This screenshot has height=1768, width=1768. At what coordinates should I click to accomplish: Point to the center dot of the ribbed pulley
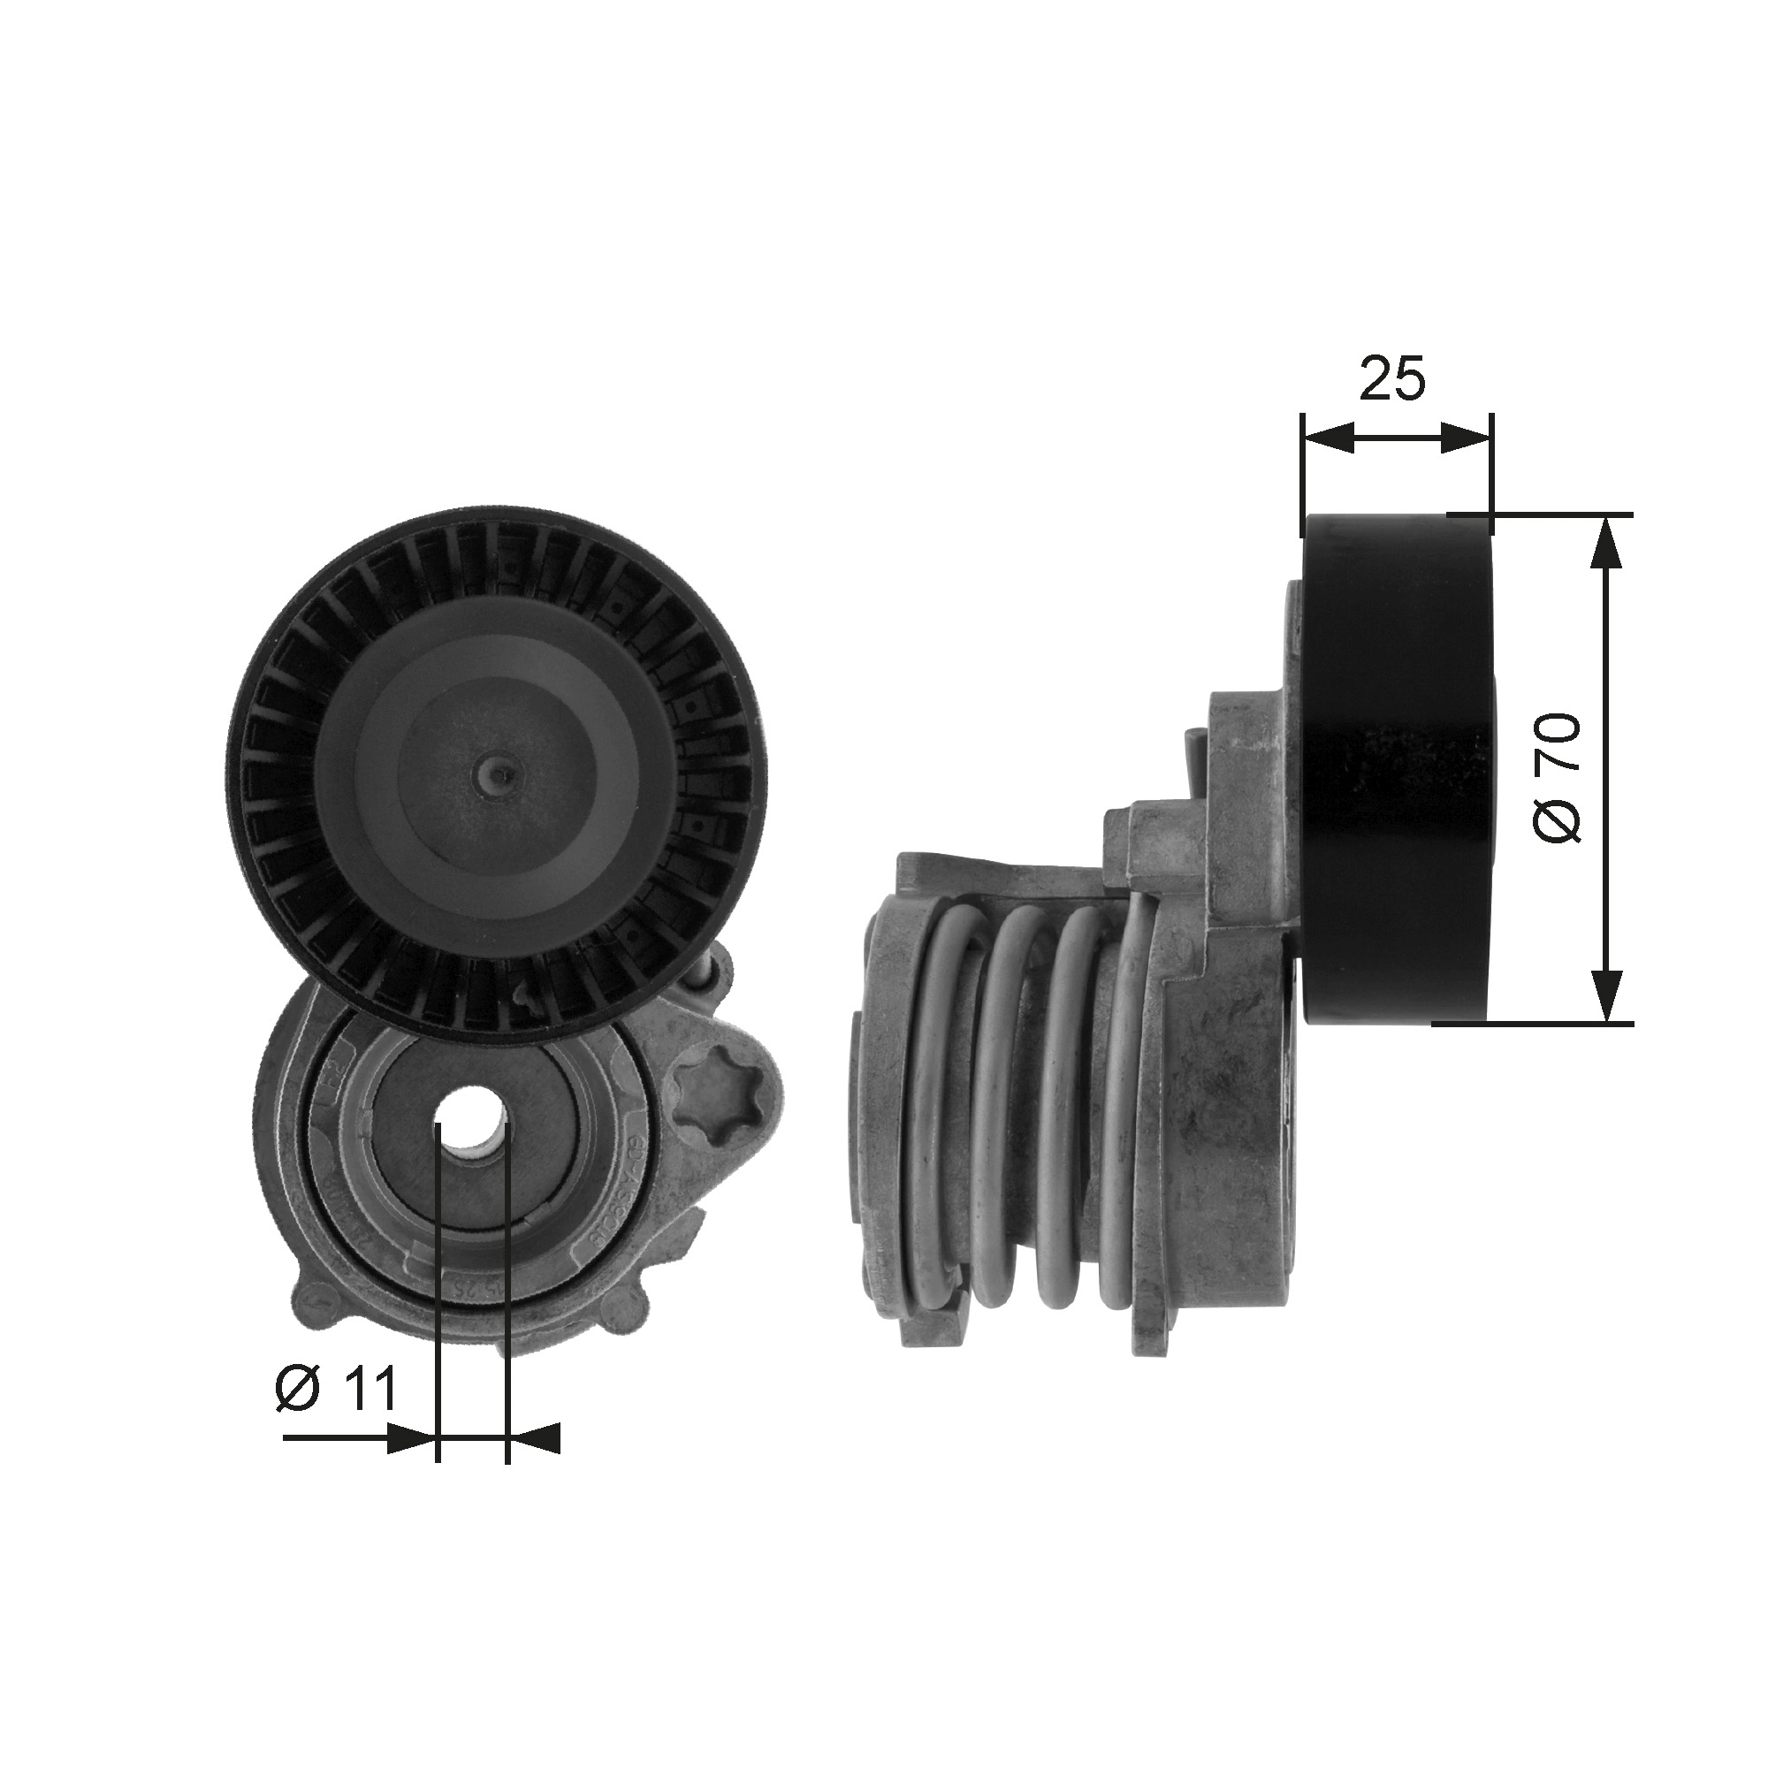point(495,775)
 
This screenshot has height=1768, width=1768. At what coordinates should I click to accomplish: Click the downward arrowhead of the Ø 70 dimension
point(1607,994)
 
